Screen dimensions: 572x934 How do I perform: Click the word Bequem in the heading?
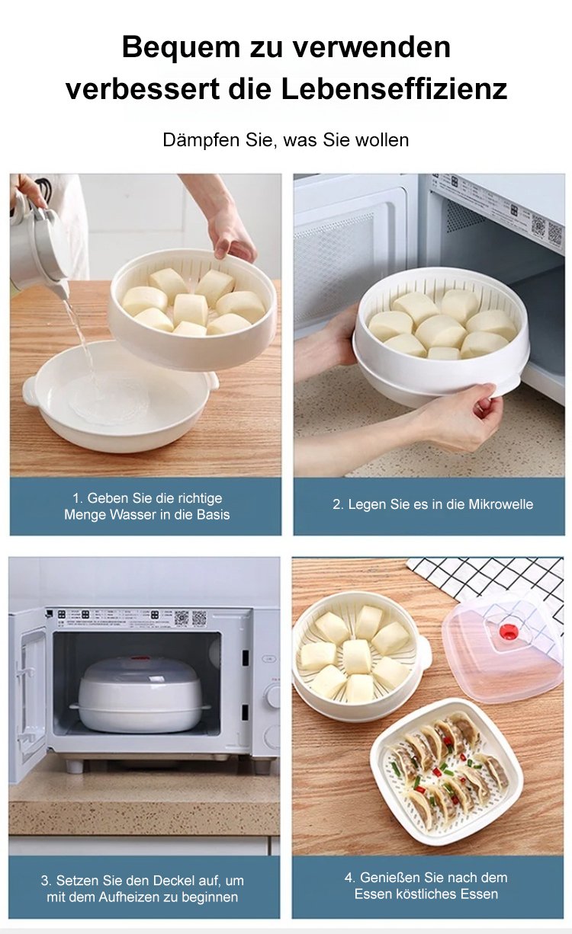click(x=181, y=47)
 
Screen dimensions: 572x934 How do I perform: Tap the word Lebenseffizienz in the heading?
click(x=394, y=89)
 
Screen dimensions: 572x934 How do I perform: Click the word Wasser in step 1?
click(x=134, y=514)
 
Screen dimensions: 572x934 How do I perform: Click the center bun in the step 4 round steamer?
click(x=356, y=656)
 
